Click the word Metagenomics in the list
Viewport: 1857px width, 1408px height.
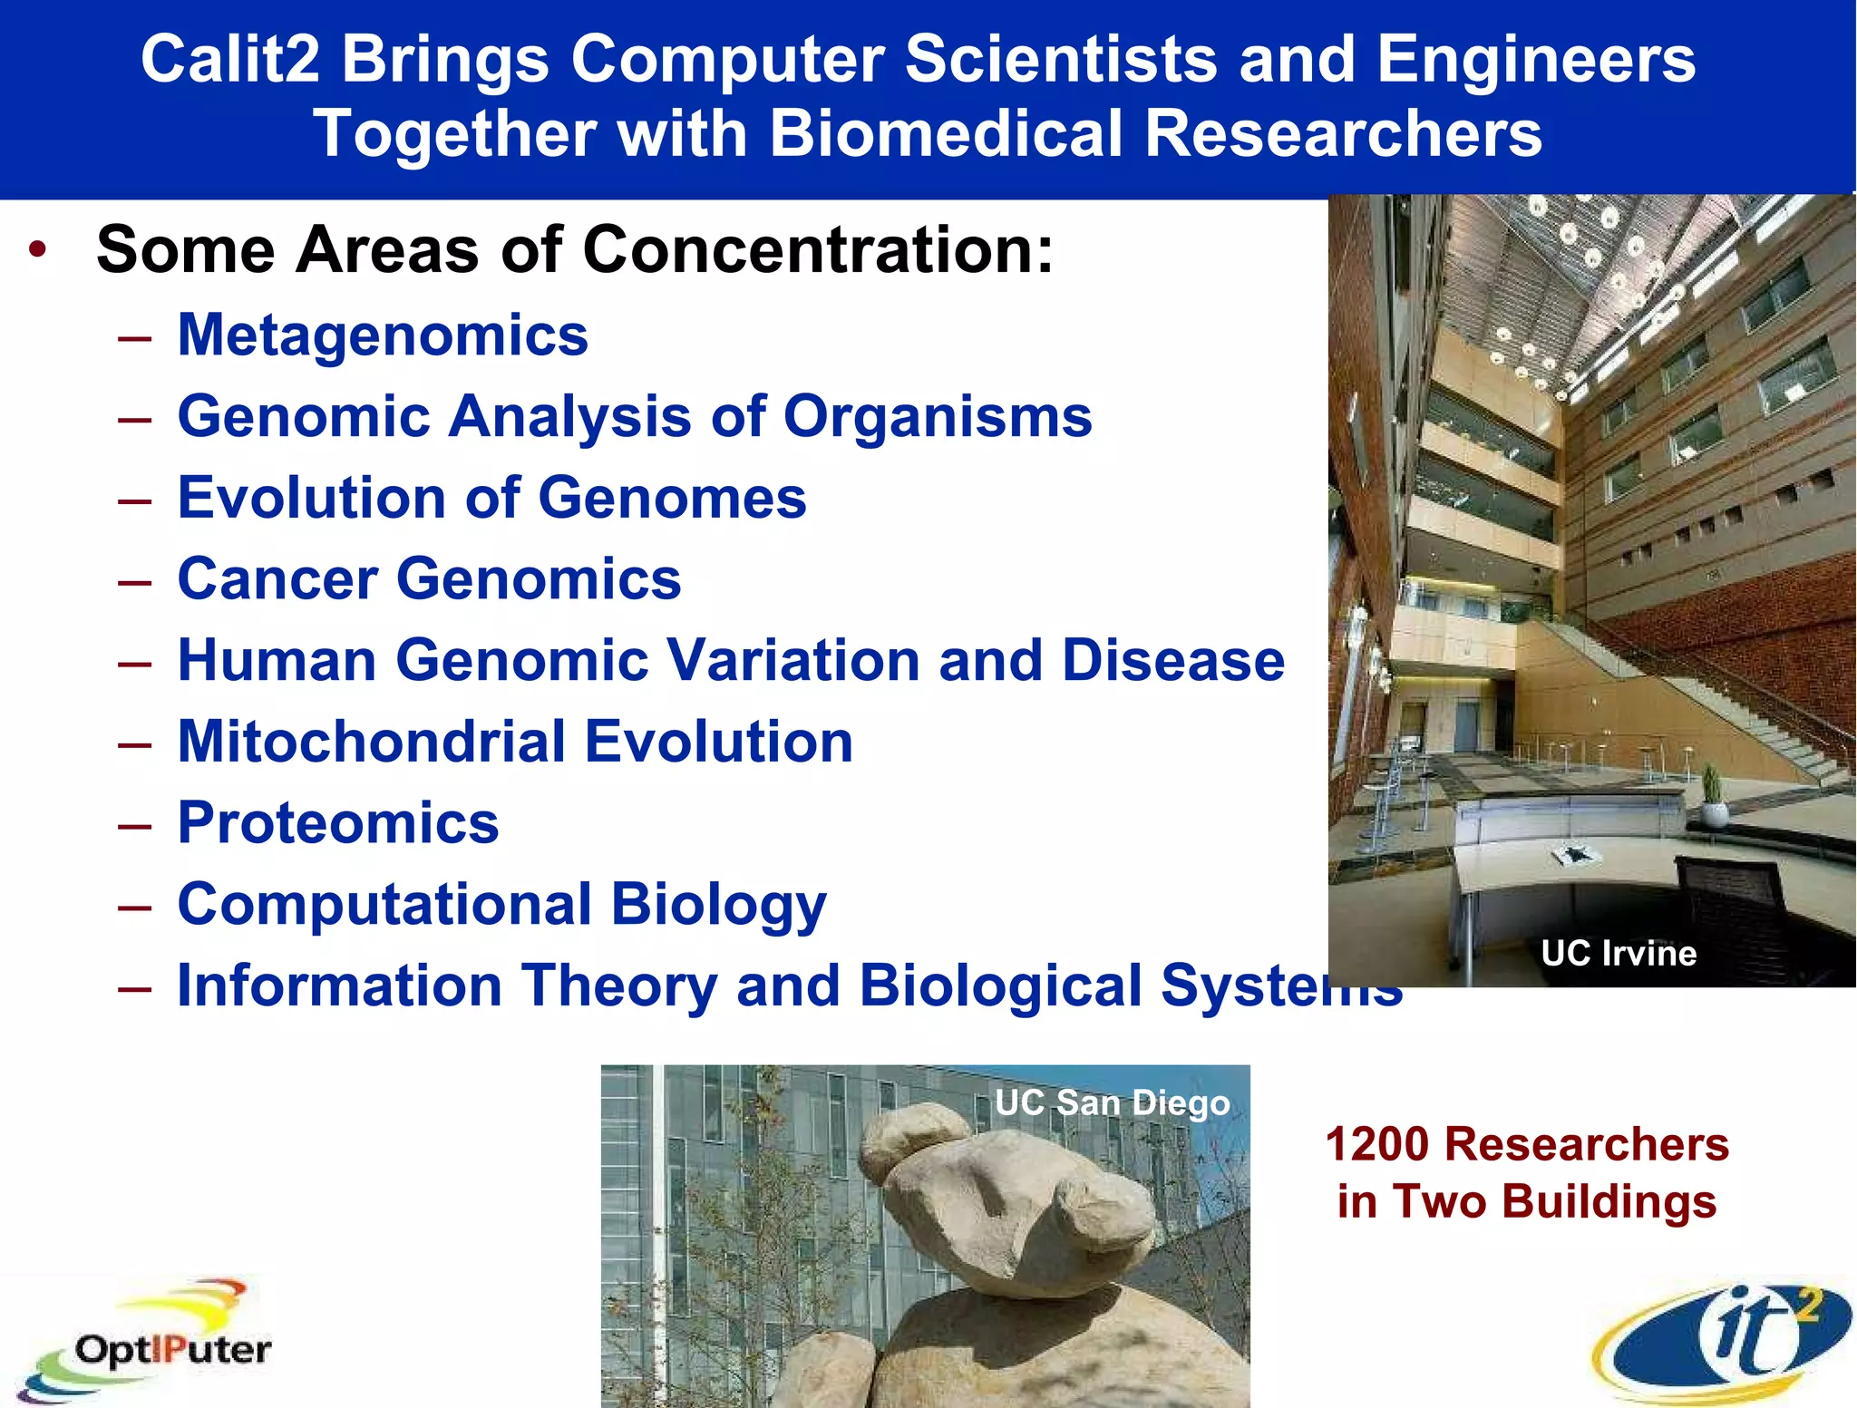[x=383, y=335]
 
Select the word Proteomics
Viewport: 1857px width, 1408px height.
[x=338, y=823]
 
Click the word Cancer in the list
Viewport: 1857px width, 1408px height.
[x=277, y=579]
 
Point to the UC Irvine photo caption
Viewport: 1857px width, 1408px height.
[x=1619, y=954]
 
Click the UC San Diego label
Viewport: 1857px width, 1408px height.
[x=1112, y=1103]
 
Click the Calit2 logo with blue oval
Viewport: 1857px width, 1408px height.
[x=1723, y=1342]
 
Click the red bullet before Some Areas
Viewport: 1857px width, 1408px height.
[x=37, y=250]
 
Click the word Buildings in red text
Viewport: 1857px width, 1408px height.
[x=1609, y=1202]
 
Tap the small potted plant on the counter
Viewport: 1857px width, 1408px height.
[x=1711, y=796]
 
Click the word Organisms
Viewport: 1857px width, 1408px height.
[x=938, y=417]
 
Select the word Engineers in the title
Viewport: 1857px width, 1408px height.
[x=1536, y=60]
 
